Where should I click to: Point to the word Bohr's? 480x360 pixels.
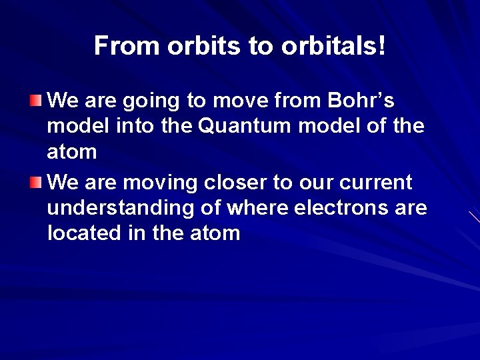click(x=359, y=101)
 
